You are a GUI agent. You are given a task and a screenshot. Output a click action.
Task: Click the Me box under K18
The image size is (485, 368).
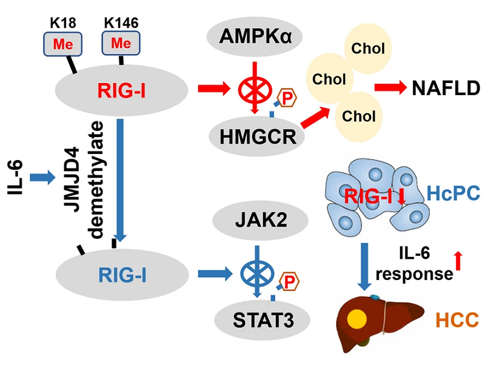pyautogui.click(x=62, y=44)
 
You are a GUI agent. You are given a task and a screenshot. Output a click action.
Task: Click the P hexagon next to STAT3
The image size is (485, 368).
pyautogui.click(x=288, y=281)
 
